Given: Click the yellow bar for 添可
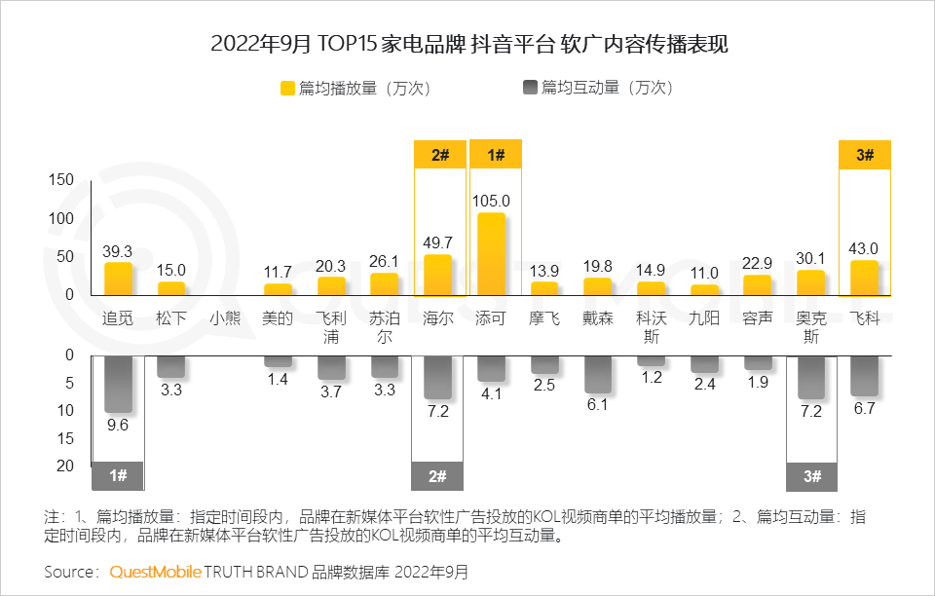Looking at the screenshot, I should pos(491,254).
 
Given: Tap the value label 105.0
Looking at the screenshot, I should pos(491,201).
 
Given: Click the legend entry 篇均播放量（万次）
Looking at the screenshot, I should pos(355,88).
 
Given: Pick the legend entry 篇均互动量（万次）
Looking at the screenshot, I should pos(598,88).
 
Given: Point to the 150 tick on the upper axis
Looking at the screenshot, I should pos(61,180).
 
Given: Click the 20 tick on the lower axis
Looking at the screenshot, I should pos(66,466).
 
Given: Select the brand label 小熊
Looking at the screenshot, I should pos(224,318).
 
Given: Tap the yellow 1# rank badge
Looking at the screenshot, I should pos(496,155).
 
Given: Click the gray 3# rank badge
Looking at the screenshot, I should pos(811,476).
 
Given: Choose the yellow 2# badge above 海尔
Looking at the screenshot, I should pos(439,155).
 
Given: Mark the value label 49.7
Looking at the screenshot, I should pos(438,242).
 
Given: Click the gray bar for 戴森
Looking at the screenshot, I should pos(597,374).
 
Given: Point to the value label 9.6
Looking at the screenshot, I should pos(118,425).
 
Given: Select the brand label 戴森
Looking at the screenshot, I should pos(598,318).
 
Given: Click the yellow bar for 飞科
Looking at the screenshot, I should pos(864,278).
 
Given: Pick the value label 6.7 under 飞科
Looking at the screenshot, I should pos(864,409).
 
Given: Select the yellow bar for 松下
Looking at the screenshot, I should pos(171,288).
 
